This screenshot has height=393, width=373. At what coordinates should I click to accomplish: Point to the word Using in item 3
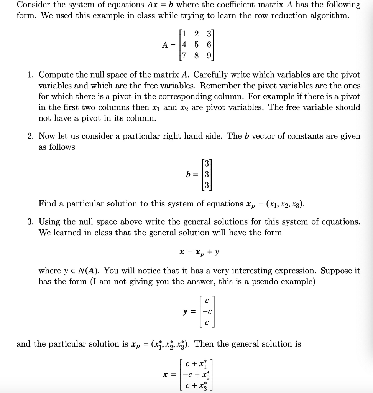pos(49,221)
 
